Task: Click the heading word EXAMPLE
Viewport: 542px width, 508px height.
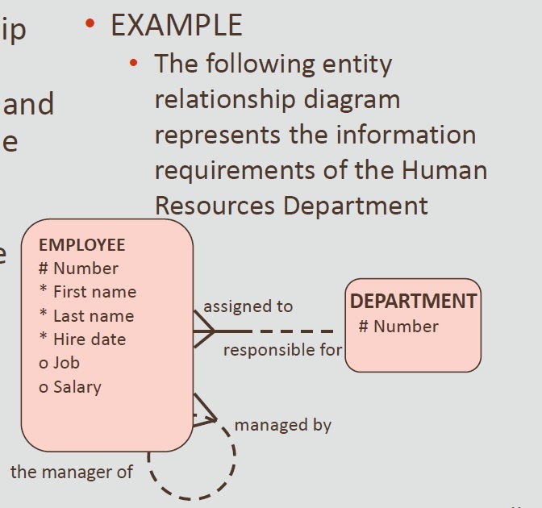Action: tap(176, 26)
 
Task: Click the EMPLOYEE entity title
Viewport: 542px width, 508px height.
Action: tap(81, 245)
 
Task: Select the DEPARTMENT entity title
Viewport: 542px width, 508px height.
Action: tap(413, 302)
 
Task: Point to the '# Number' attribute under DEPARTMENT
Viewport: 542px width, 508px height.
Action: tap(398, 327)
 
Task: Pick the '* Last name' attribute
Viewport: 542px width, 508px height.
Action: tap(86, 316)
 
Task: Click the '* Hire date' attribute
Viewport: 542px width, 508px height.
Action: tap(82, 339)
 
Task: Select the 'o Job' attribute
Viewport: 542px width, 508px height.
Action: tap(59, 363)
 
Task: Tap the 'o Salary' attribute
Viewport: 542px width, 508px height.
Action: tap(70, 387)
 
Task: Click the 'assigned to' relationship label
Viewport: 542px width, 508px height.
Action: tap(248, 306)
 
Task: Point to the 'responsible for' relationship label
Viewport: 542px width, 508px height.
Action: tap(282, 350)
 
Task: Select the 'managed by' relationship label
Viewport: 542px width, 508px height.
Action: tap(282, 425)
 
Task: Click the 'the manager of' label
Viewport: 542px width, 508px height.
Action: tap(71, 473)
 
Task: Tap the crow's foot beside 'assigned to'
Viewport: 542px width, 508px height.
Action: tap(205, 330)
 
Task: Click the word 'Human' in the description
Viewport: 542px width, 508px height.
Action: tap(444, 170)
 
